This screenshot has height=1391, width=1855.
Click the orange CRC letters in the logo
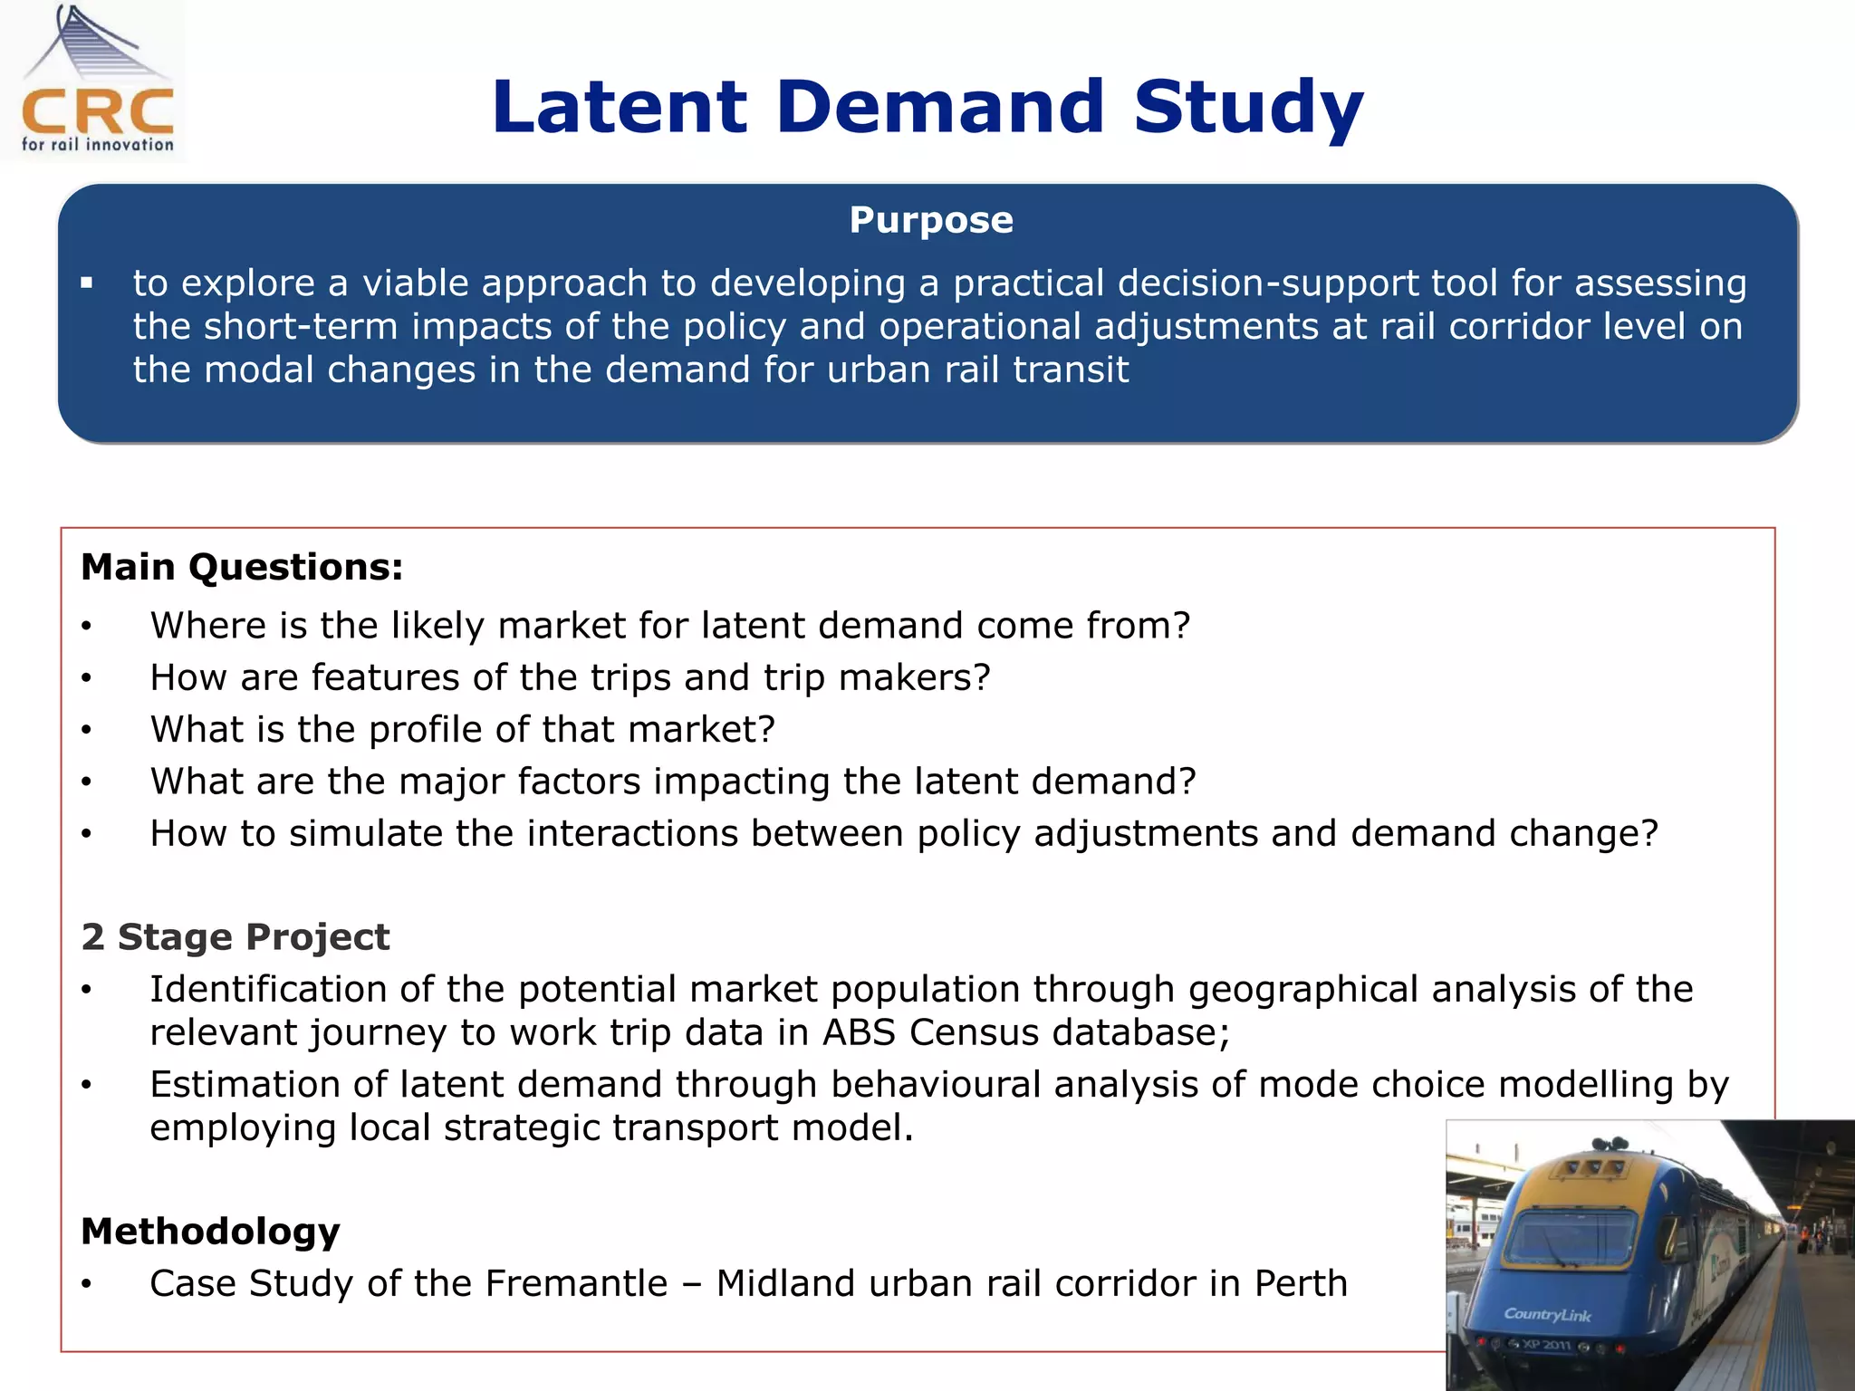click(98, 111)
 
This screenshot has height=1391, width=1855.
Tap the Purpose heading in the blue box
click(930, 220)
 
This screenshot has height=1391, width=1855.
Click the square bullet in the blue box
click(87, 283)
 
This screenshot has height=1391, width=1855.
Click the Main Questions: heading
click(242, 568)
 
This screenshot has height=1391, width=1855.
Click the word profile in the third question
click(424, 730)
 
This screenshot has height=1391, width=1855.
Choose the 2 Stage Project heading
click(235, 937)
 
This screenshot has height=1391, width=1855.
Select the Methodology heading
click(210, 1233)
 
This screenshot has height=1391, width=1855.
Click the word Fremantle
click(576, 1284)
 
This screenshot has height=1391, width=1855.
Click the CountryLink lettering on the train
click(1546, 1315)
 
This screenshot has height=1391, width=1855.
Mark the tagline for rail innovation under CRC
click(98, 145)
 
